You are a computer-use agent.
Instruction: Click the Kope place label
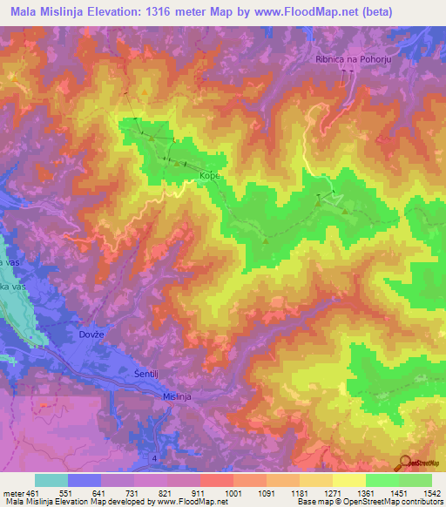coord(210,175)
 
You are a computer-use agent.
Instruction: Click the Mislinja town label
coord(181,396)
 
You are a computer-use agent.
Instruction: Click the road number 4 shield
coord(155,456)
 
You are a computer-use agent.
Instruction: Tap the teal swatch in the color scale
coord(51,480)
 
